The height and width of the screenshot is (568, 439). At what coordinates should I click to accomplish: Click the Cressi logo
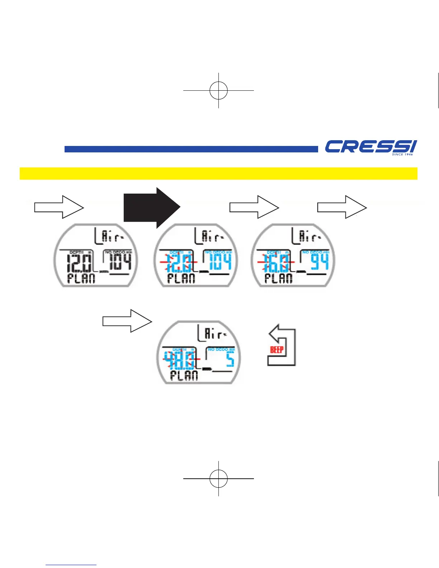(x=370, y=147)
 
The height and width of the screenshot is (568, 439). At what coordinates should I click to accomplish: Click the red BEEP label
(x=277, y=350)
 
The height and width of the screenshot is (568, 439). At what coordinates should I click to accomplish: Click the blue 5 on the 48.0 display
(x=230, y=359)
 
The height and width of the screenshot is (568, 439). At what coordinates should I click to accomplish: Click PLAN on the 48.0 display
(x=184, y=376)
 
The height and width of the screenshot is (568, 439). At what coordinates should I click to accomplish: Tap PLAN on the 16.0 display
(x=278, y=279)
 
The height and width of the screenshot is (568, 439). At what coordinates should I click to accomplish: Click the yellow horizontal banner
(x=218, y=174)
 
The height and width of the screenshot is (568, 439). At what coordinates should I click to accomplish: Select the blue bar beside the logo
(x=191, y=149)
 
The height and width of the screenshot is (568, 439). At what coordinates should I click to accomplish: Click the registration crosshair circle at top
(x=218, y=90)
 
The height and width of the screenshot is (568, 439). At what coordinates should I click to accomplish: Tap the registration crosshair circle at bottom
(x=218, y=478)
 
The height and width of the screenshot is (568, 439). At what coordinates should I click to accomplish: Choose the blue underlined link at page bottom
(x=71, y=565)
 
